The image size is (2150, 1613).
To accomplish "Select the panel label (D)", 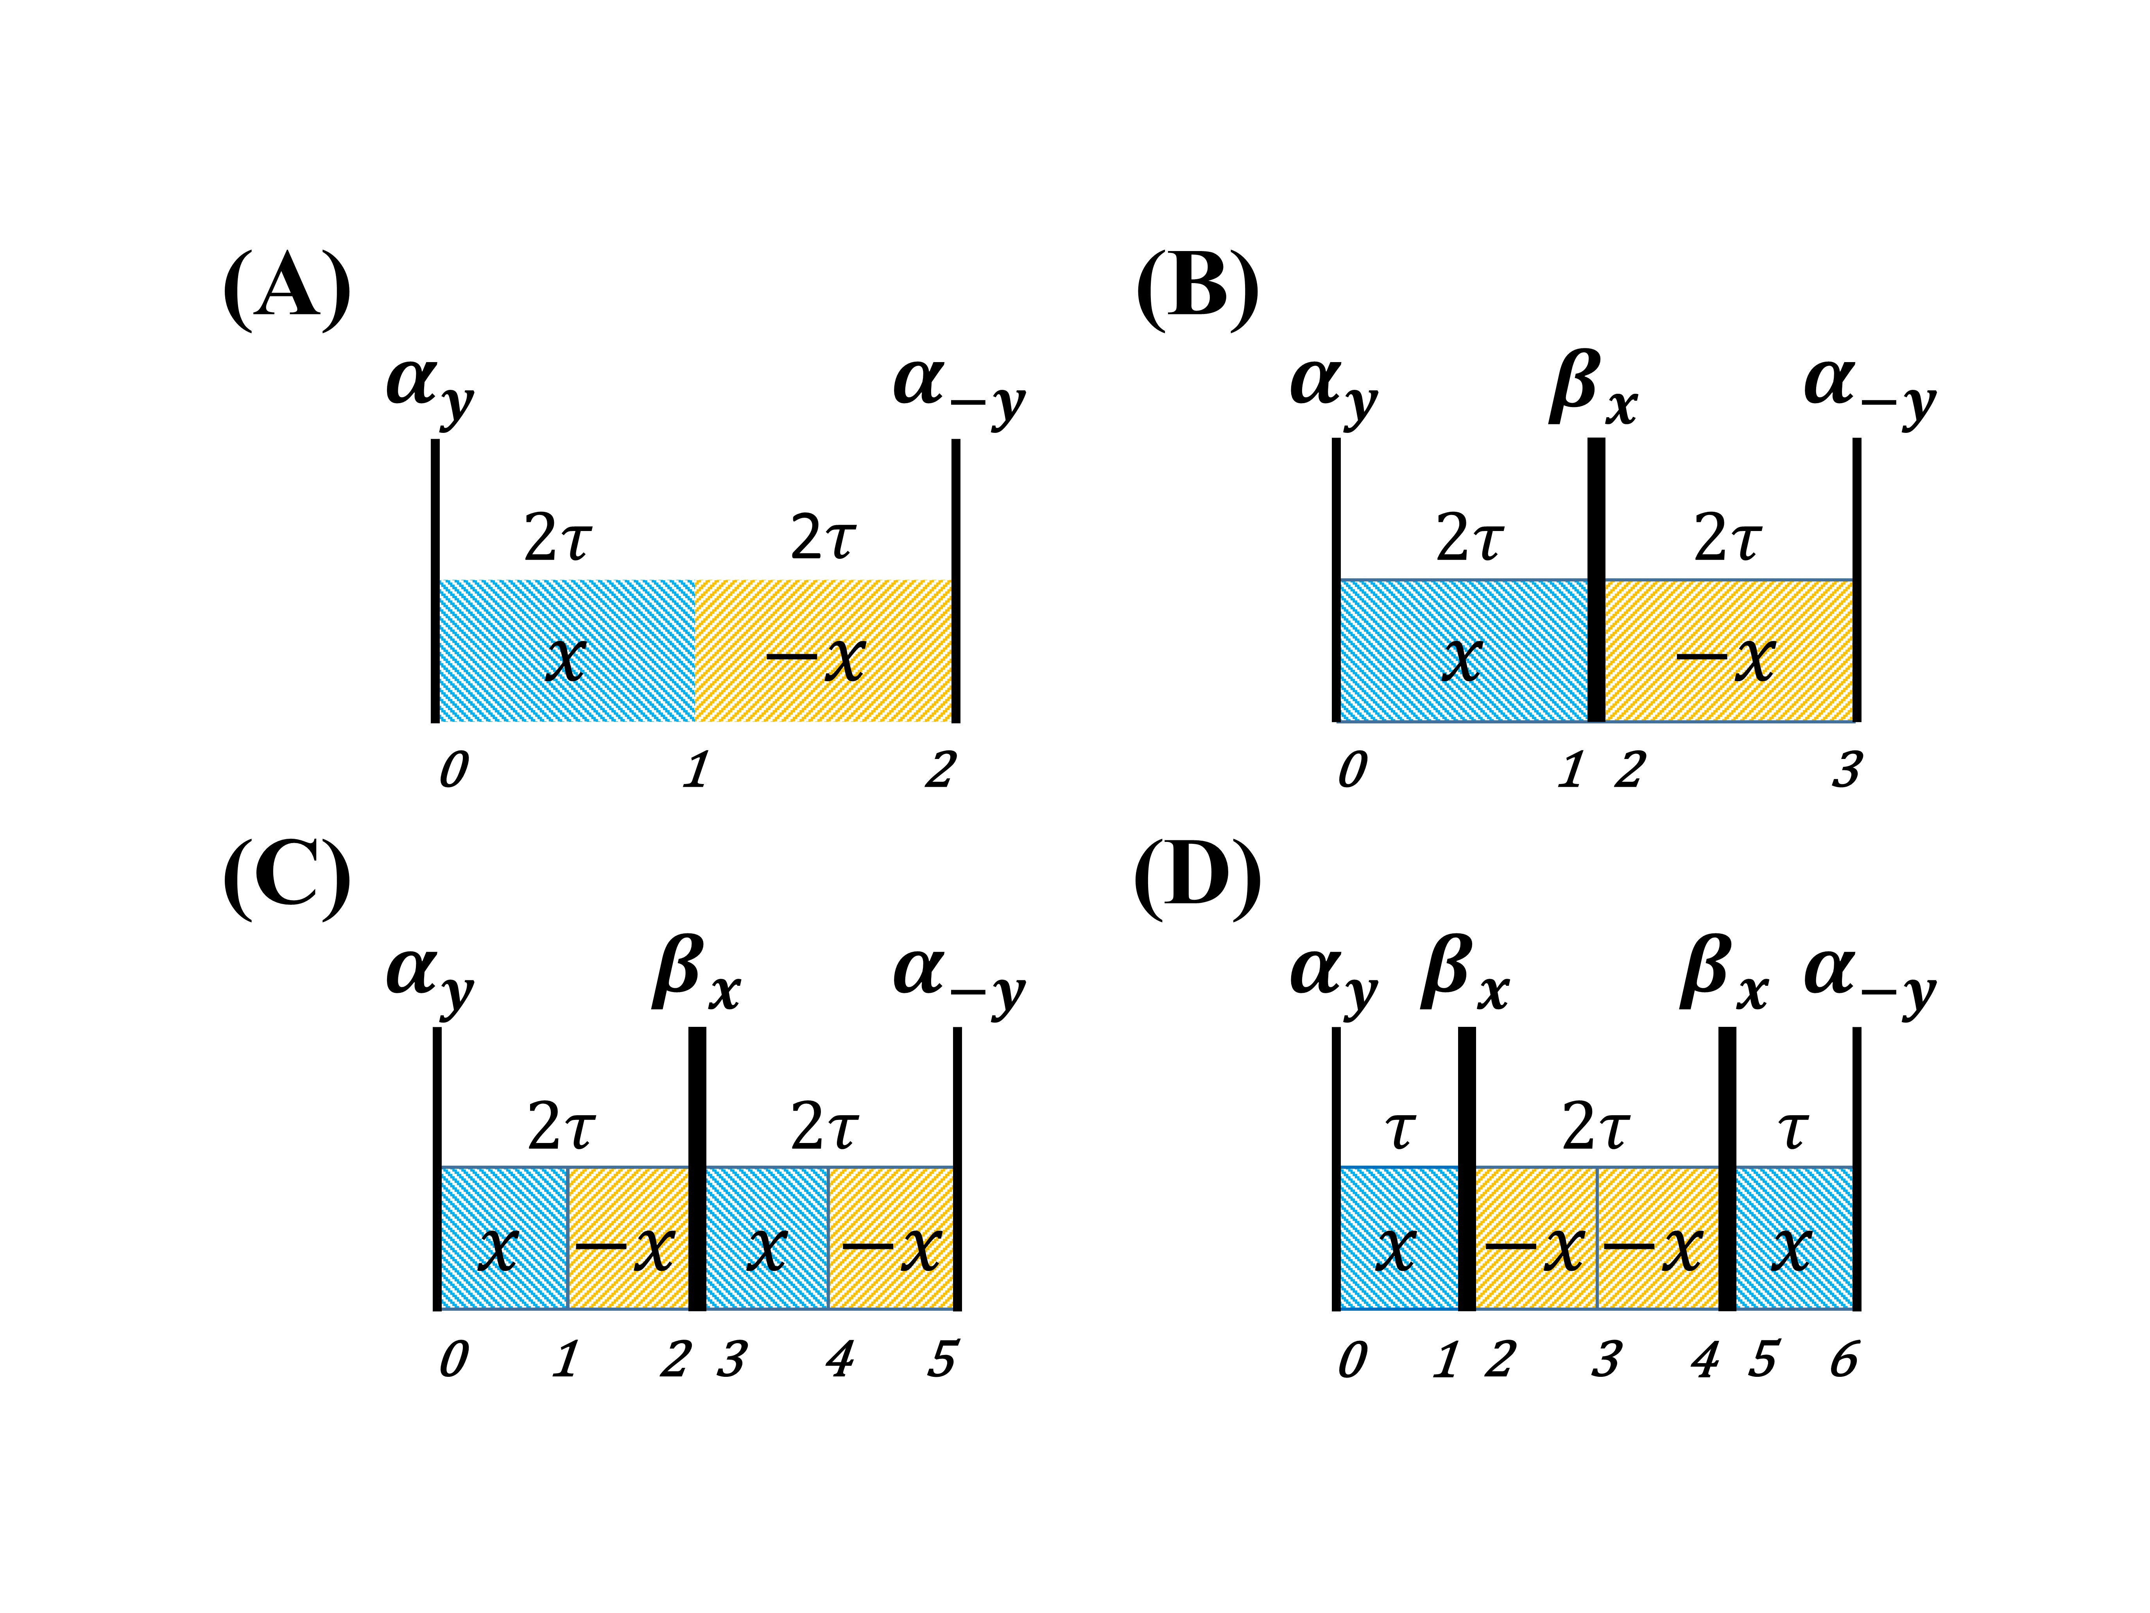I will point(1197,880).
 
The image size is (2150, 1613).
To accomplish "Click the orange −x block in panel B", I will point(1728,651).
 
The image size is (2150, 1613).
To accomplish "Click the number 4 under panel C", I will point(839,1358).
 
